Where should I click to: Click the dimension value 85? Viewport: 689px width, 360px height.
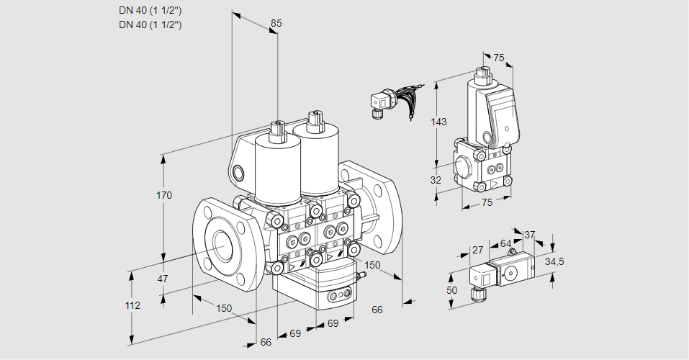coord(276,23)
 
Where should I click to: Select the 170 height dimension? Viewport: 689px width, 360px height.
coord(164,194)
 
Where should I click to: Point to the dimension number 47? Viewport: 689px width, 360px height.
coord(163,279)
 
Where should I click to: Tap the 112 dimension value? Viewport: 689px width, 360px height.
coord(132,305)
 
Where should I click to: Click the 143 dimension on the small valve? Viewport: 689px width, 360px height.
coord(438,122)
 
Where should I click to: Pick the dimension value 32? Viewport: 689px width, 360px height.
coord(436,180)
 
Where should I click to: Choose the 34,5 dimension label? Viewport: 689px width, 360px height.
coord(554,262)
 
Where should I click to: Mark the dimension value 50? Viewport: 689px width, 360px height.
coord(451,290)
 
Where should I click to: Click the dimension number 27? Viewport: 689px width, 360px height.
coord(477,250)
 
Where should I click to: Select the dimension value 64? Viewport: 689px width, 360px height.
coord(505,243)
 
